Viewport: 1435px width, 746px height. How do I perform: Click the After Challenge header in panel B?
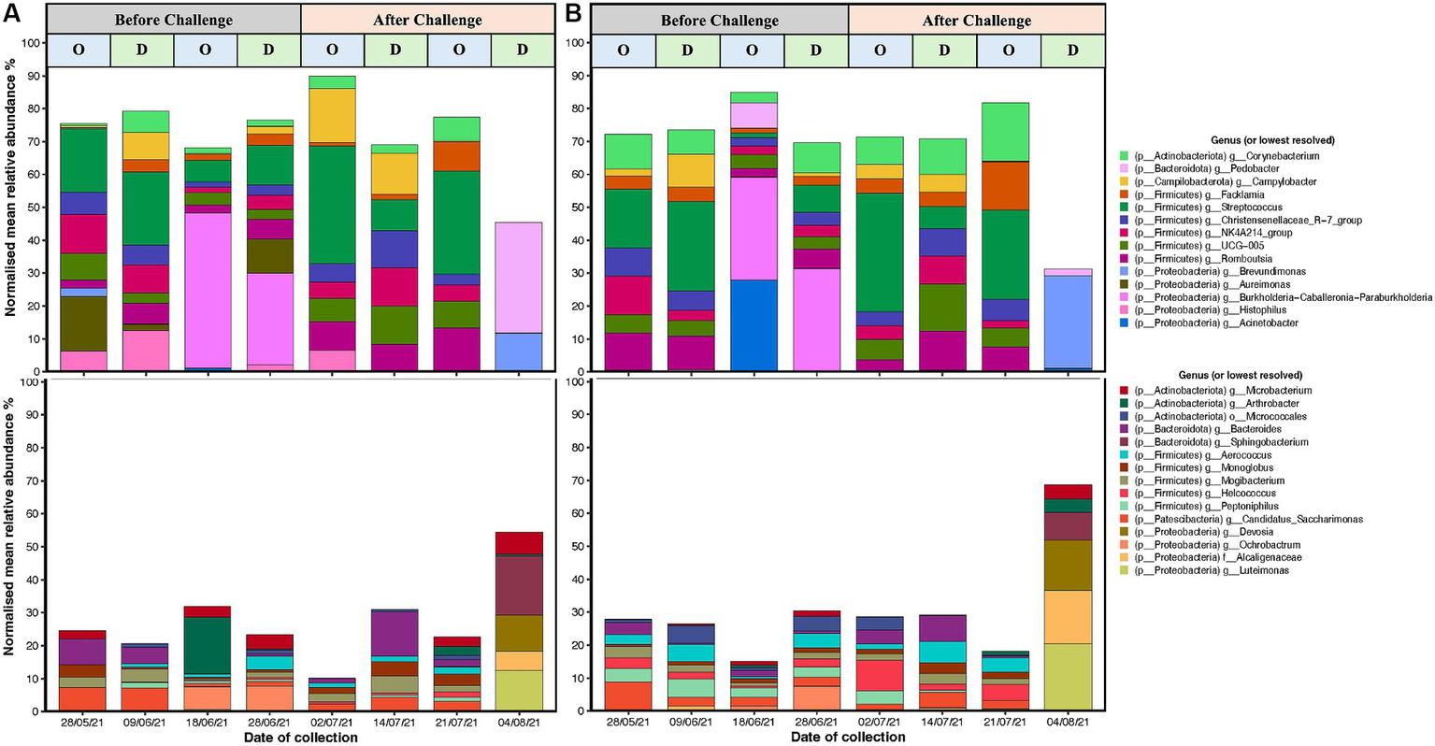pos(976,20)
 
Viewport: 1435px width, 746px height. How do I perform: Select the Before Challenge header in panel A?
pos(174,20)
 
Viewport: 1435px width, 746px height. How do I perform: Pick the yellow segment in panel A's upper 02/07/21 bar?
pos(333,114)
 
